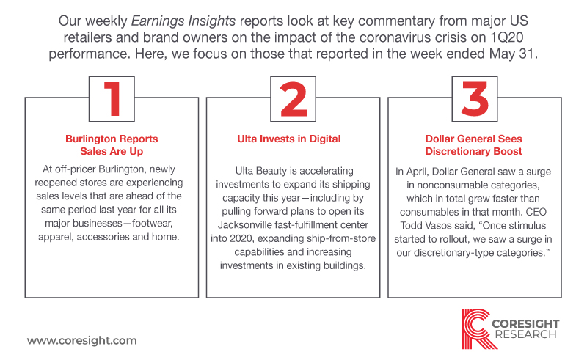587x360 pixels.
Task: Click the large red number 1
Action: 112,99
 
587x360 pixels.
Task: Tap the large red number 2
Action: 293,99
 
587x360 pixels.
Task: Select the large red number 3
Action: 475,99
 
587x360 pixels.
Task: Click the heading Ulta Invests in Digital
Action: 289,139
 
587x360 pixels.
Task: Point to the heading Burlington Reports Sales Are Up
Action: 112,145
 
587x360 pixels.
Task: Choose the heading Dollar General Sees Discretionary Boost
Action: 473,145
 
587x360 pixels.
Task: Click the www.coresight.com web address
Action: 82,340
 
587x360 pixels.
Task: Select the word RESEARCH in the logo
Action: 525,334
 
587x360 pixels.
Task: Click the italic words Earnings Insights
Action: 183,21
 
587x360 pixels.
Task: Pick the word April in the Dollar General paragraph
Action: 418,172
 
